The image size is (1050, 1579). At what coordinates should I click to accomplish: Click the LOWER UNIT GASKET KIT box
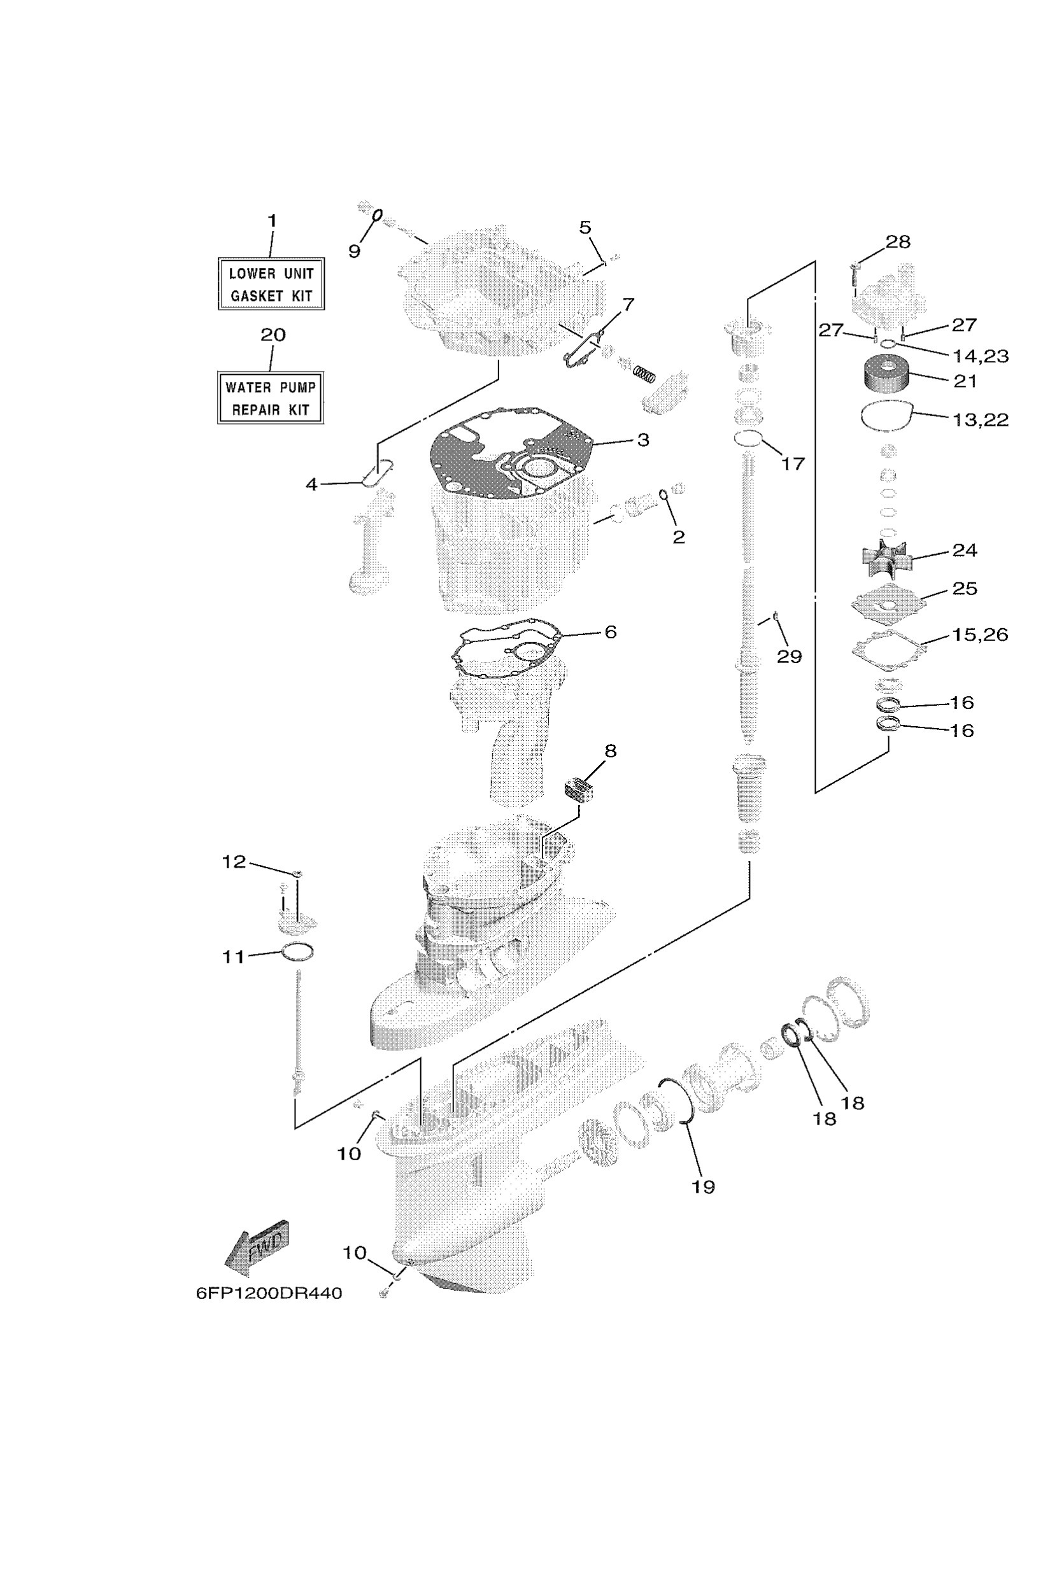click(x=271, y=284)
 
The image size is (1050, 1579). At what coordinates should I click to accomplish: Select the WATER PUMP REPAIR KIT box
click(x=271, y=398)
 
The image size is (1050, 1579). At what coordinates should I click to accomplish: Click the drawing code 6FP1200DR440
click(x=269, y=1293)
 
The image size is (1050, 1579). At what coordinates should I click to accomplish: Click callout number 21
click(x=964, y=381)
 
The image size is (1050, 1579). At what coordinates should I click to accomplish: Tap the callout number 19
click(x=703, y=1187)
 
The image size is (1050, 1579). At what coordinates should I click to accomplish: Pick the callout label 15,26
click(x=980, y=634)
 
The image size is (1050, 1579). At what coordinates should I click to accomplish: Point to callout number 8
click(x=610, y=751)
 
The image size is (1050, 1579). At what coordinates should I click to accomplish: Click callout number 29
click(x=789, y=656)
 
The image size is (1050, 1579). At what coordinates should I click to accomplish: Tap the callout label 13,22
click(x=981, y=419)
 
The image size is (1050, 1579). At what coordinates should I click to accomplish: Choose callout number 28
click(x=898, y=242)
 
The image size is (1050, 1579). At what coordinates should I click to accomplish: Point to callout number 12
click(x=234, y=862)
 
